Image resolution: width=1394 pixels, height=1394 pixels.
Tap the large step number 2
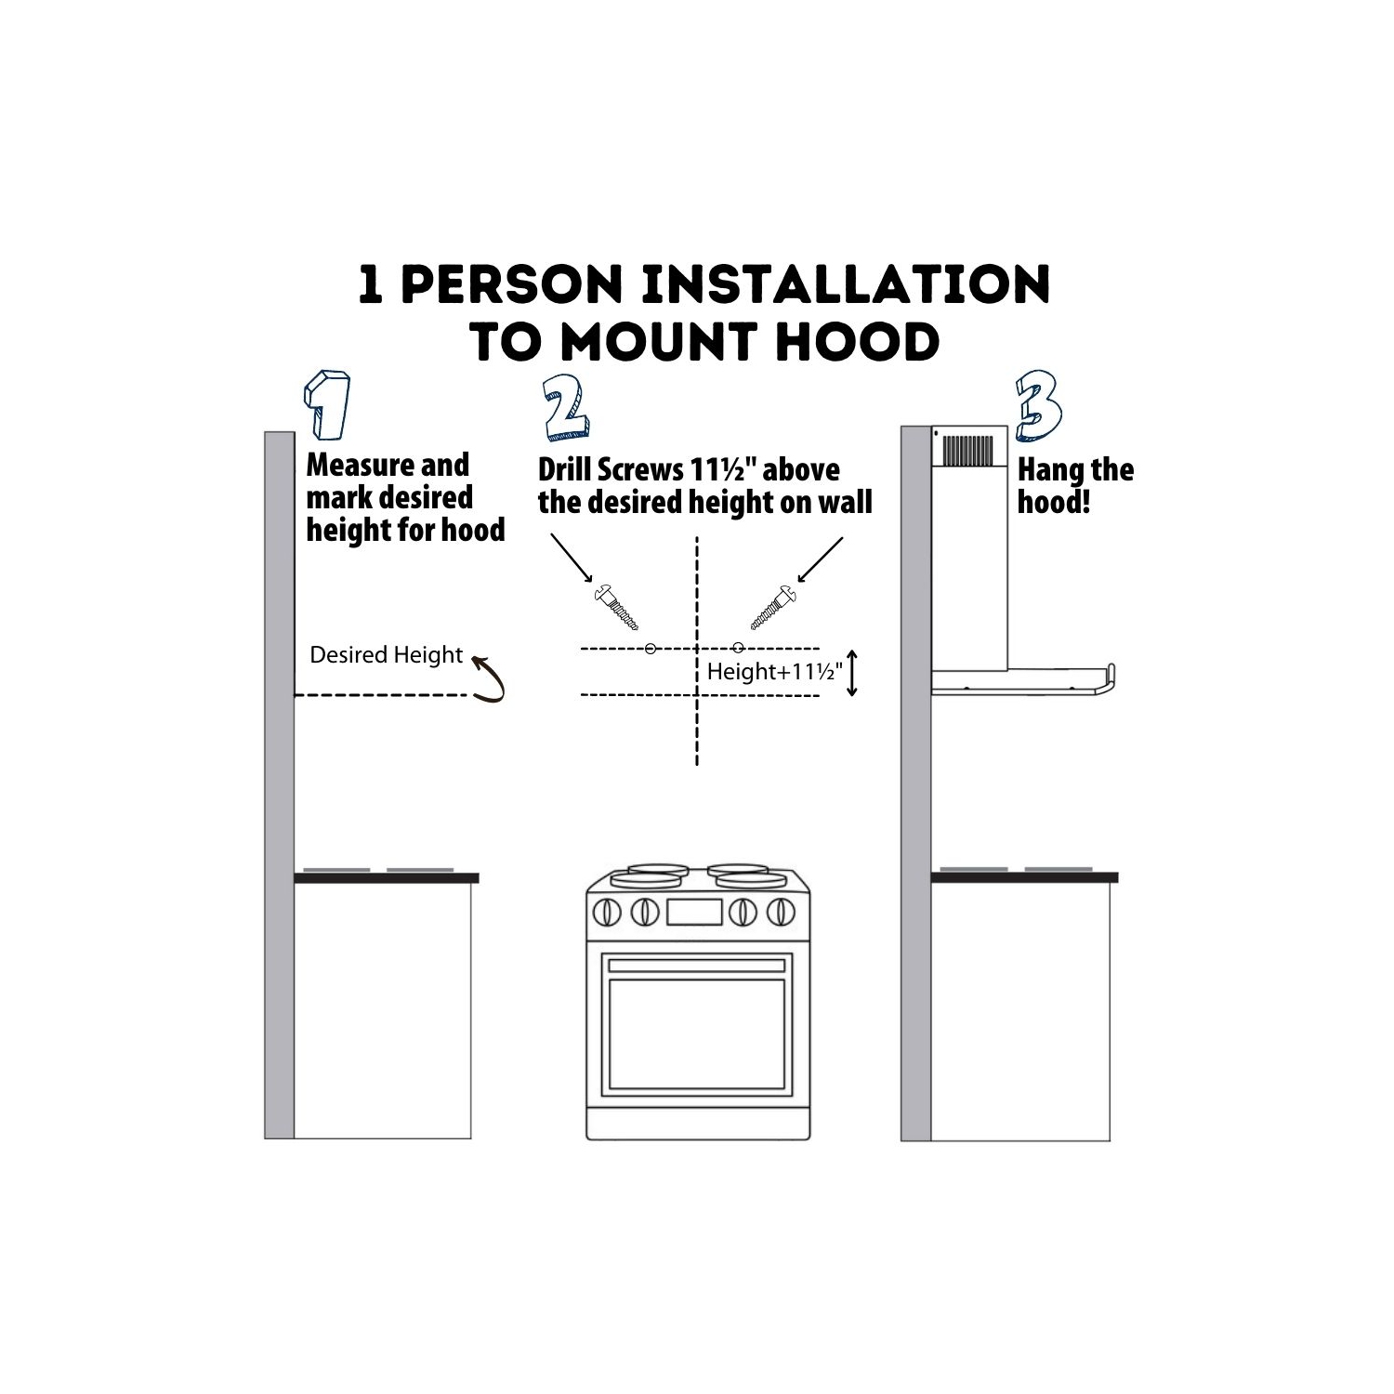click(x=567, y=409)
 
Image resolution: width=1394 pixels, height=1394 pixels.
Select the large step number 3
click(x=1038, y=407)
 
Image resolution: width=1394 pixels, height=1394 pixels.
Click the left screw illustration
click(x=615, y=605)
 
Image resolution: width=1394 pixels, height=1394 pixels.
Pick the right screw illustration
click(x=774, y=605)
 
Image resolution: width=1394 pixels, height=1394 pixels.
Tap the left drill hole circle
click(x=651, y=648)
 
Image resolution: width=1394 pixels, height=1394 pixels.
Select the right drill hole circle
click(x=738, y=648)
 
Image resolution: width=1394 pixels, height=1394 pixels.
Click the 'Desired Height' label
click(x=386, y=655)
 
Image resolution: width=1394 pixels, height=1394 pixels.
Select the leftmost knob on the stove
click(x=608, y=913)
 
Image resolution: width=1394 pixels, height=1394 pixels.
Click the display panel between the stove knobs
click(x=693, y=912)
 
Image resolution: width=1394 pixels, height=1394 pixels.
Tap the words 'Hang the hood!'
click(x=1075, y=486)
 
